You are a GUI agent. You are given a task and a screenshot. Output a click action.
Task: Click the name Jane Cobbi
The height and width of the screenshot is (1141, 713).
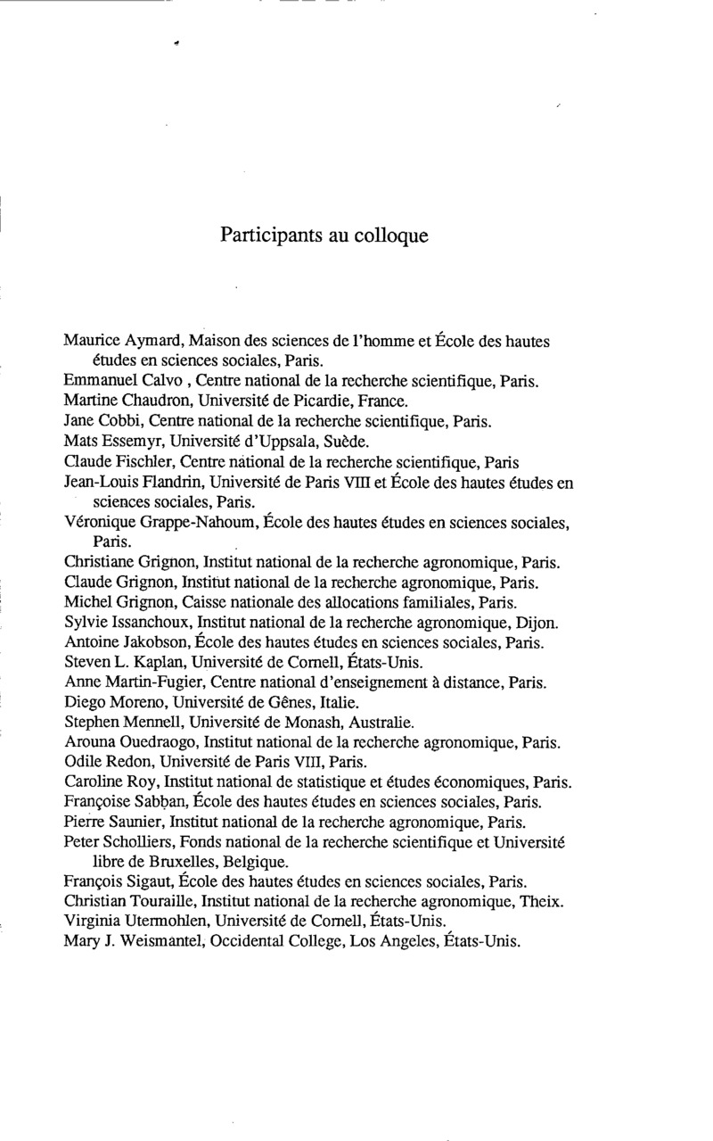point(95,419)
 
